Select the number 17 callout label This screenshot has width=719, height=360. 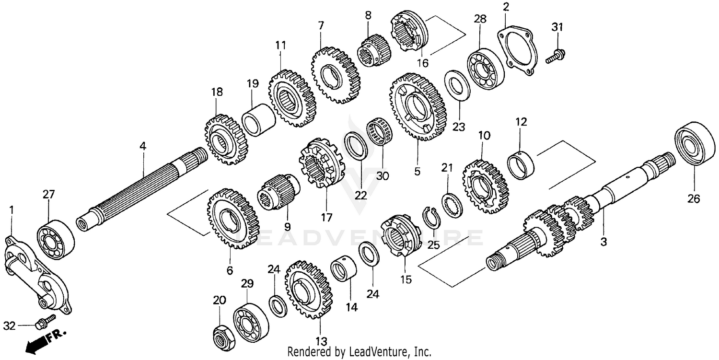click(326, 218)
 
